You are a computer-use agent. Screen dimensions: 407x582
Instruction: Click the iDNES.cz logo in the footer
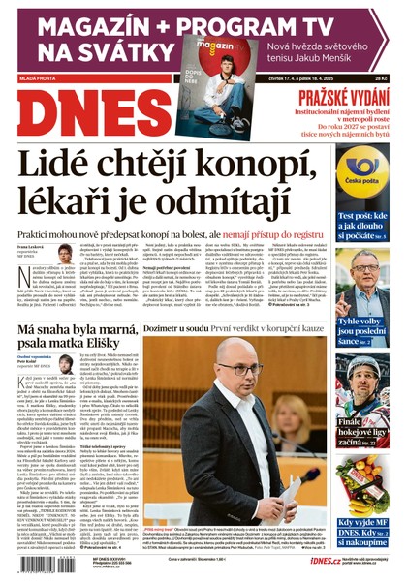tap(297, 562)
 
